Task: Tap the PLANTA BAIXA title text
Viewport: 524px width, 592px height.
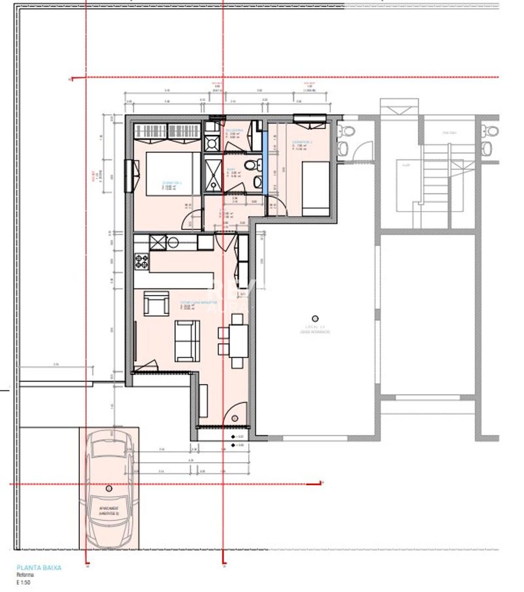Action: click(x=39, y=568)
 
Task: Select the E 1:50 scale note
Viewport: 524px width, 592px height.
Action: click(x=25, y=582)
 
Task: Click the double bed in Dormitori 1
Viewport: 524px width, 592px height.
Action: click(x=168, y=173)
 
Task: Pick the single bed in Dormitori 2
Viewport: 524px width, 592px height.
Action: click(x=316, y=186)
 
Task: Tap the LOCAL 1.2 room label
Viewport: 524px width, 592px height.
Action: click(x=315, y=326)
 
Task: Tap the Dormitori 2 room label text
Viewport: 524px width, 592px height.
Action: click(x=302, y=142)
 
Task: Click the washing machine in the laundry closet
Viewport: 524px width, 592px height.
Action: click(x=213, y=144)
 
